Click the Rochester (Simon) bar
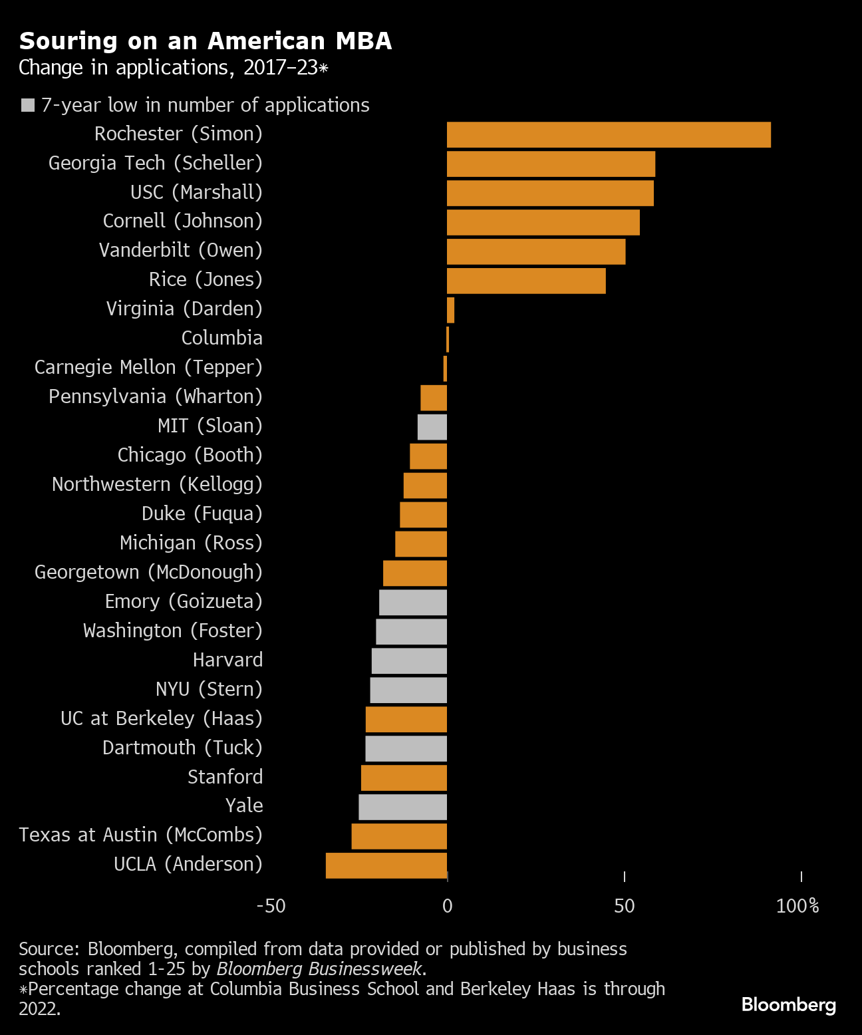pyautogui.click(x=609, y=135)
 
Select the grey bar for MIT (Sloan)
pyautogui.click(x=432, y=427)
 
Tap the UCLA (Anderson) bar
pyautogui.click(x=386, y=865)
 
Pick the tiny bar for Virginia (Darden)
pyautogui.click(x=450, y=310)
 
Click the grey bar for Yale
pyautogui.click(x=403, y=807)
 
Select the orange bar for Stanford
pyautogui.click(x=404, y=778)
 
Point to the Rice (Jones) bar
pyautogui.click(x=526, y=281)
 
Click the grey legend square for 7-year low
pyautogui.click(x=28, y=105)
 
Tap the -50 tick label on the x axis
pyautogui.click(x=271, y=906)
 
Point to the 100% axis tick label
pyautogui.click(x=797, y=906)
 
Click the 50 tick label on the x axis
pyautogui.click(x=624, y=906)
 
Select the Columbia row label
pyautogui.click(x=221, y=338)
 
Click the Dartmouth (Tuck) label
pyautogui.click(x=182, y=748)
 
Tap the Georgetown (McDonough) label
pyautogui.click(x=148, y=572)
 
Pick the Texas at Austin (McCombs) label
pyautogui.click(x=140, y=835)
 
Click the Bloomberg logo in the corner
pyautogui.click(x=788, y=1004)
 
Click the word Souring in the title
pyautogui.click(x=69, y=41)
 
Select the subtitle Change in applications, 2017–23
pyautogui.click(x=173, y=68)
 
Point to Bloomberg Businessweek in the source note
pyautogui.click(x=319, y=968)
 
